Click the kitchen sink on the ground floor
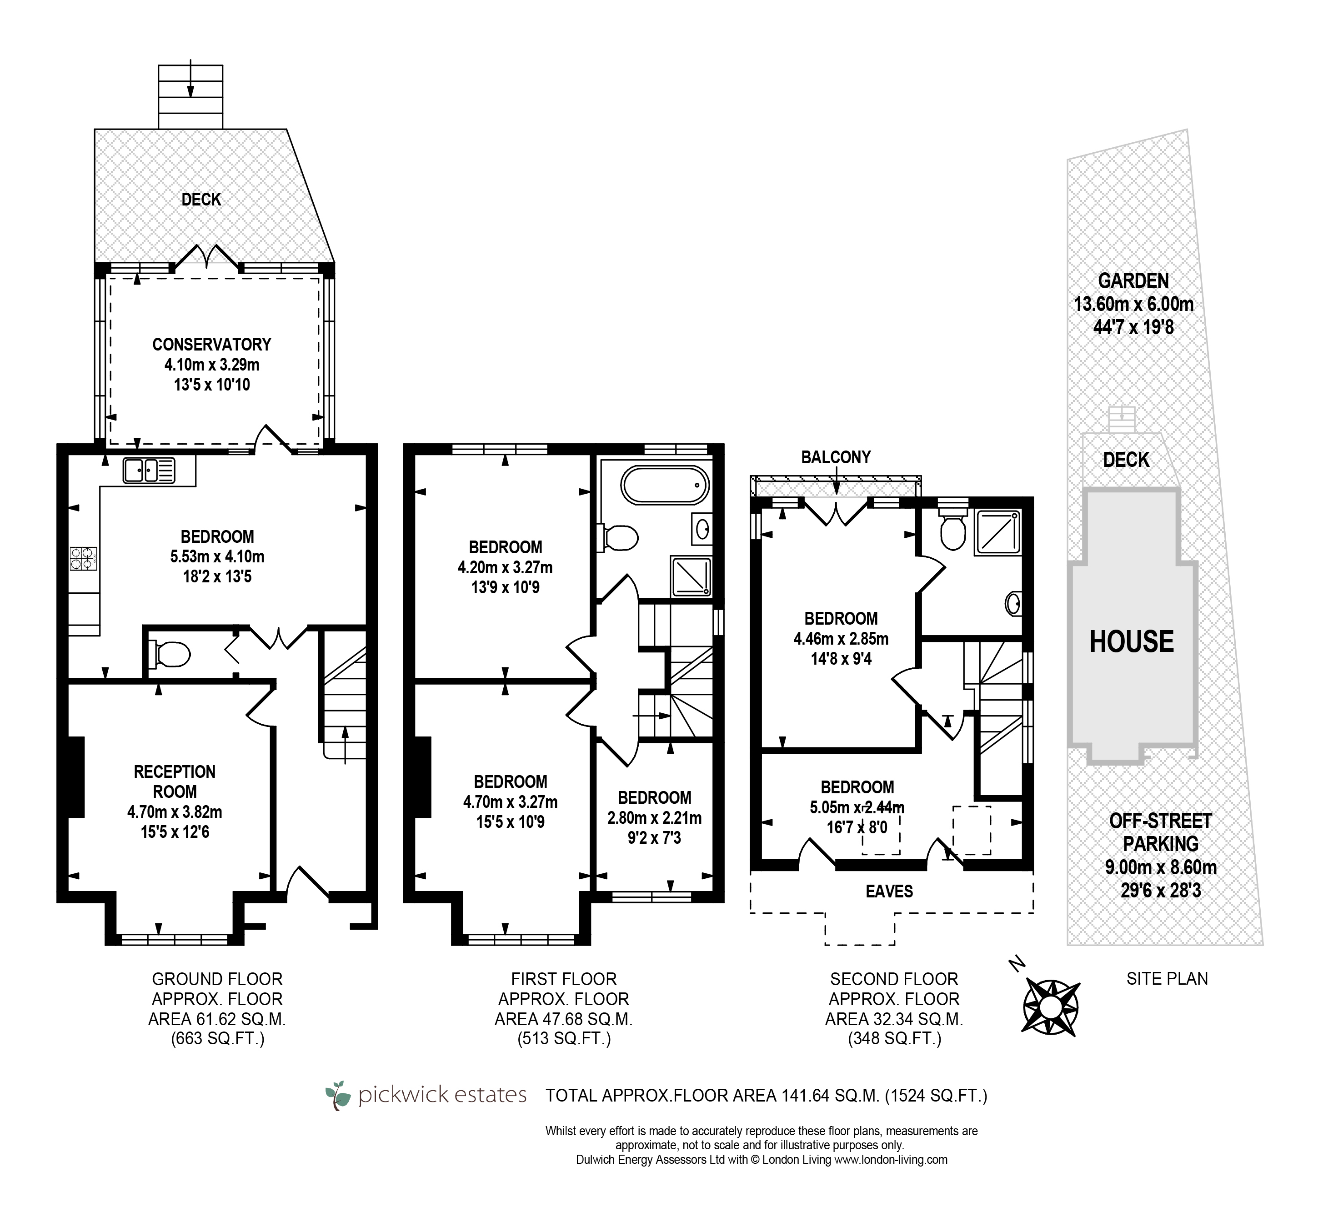[149, 470]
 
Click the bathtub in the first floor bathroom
[663, 487]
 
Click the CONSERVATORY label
[211, 345]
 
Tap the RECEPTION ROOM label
[175, 781]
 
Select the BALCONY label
[836, 457]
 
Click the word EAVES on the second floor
[889, 891]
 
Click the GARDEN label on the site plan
[1133, 281]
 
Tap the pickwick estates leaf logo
[339, 1096]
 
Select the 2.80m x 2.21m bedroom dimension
[655, 818]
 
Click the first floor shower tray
[692, 576]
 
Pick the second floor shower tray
[998, 531]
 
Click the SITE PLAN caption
[1167, 979]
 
